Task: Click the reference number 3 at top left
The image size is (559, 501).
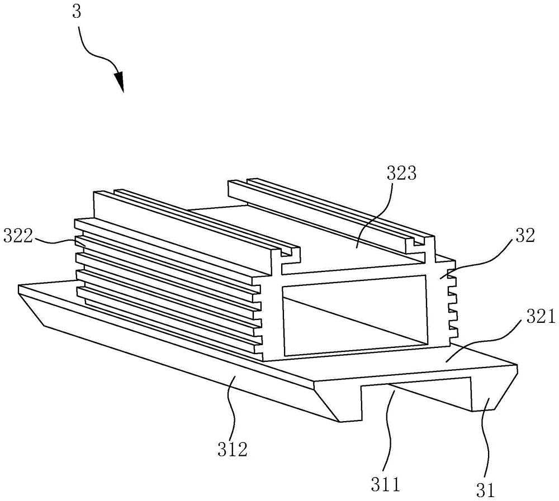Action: [77, 13]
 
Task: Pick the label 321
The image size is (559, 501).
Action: [538, 318]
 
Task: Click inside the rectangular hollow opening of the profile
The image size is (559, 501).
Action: [358, 318]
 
